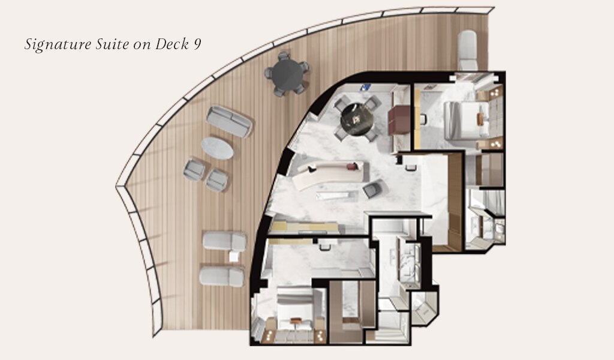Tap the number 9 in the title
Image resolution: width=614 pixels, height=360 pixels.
tap(197, 44)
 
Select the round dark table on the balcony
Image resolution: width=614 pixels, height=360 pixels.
tap(287, 74)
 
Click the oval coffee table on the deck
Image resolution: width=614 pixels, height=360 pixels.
tap(217, 148)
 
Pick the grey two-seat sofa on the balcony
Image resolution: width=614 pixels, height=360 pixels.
tap(229, 121)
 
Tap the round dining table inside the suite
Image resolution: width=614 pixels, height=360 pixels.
tap(357, 119)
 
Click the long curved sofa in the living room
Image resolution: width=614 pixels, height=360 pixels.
tap(331, 175)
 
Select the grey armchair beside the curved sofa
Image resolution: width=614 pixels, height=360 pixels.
tap(372, 189)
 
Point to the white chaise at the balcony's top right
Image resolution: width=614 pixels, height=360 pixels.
tap(467, 50)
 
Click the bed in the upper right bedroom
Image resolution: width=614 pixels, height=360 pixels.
tap(466, 120)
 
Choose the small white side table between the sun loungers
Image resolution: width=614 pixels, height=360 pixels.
tap(234, 257)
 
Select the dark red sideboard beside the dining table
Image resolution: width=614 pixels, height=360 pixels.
tap(399, 119)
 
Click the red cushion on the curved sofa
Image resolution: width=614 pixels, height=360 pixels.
tap(353, 166)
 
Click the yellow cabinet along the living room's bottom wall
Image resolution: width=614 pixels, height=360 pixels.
tap(304, 227)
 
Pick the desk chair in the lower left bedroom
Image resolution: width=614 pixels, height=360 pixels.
tap(324, 247)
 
